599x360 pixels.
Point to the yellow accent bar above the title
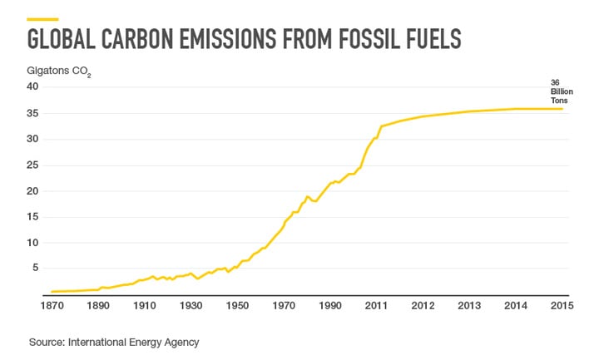43,19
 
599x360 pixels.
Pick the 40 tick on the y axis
33,86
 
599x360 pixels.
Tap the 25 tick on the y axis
33,165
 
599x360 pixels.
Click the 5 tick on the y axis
36,269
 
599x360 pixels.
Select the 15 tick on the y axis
33,216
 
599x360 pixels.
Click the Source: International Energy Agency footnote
114,341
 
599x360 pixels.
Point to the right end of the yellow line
563,109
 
